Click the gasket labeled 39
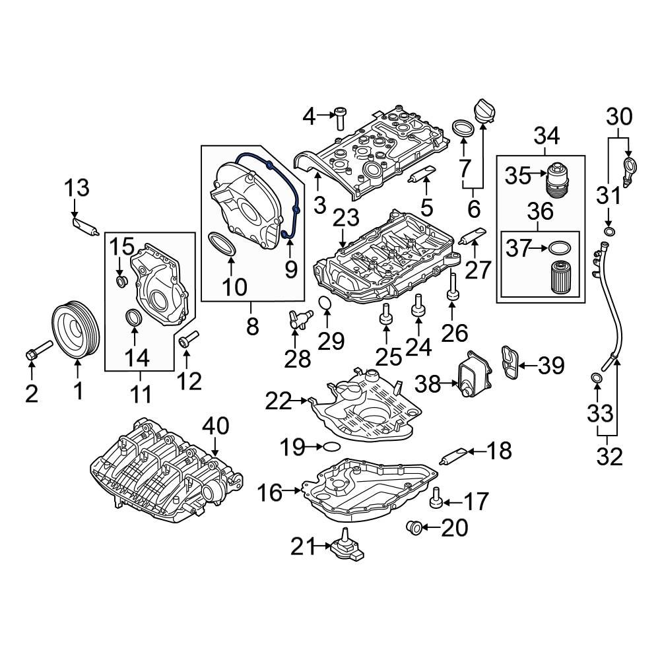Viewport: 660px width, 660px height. (509, 363)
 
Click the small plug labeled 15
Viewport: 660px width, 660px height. (121, 282)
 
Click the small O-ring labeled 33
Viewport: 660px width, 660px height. (595, 378)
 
